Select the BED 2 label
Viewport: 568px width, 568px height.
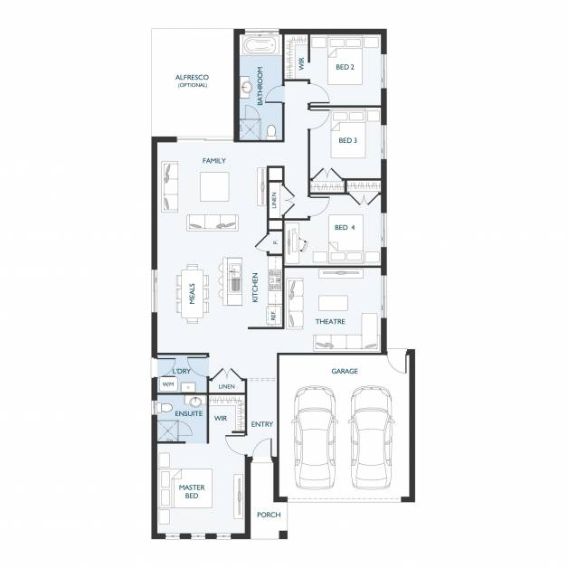[x=344, y=67]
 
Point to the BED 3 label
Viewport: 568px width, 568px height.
[x=346, y=140]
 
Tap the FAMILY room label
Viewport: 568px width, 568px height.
[x=213, y=160]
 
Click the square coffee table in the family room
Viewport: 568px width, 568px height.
[x=214, y=186]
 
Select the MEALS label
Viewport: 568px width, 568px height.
[x=192, y=293]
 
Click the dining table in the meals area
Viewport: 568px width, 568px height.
[x=194, y=292]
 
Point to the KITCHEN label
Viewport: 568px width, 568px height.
[x=256, y=288]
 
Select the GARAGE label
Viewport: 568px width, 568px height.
[x=344, y=371]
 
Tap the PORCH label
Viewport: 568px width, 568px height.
[x=268, y=515]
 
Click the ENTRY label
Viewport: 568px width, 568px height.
[x=262, y=424]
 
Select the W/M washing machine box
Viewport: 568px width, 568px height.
[x=167, y=385]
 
